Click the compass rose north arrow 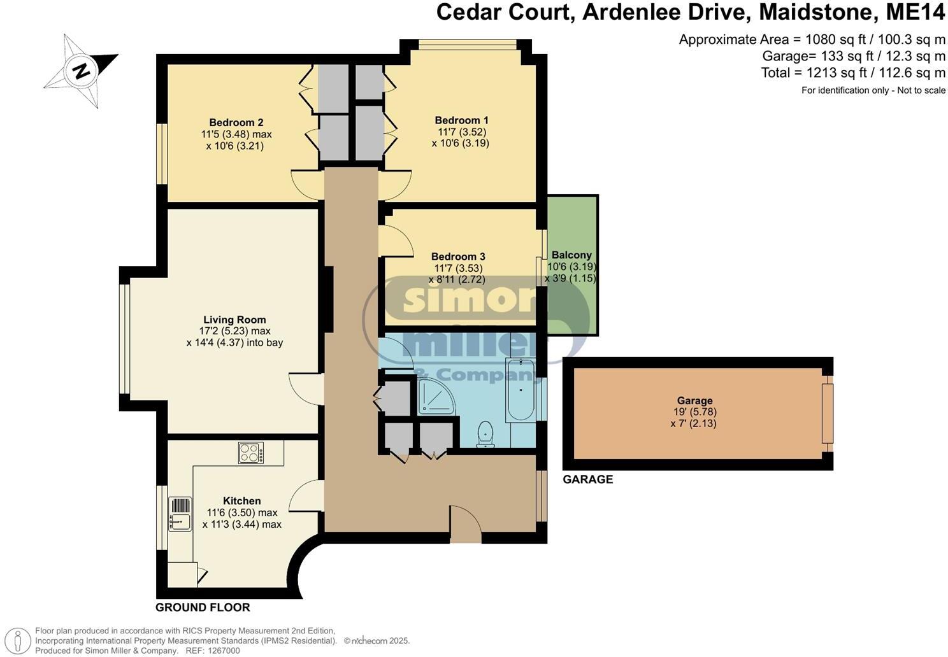[x=82, y=70]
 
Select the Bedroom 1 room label [x=461, y=120]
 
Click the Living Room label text [x=234, y=320]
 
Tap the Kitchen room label [x=241, y=501]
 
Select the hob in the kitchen [x=251, y=453]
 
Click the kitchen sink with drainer [x=180, y=514]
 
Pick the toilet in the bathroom [x=485, y=434]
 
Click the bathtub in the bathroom [x=521, y=390]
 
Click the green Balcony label [x=571, y=255]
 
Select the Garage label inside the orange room [x=694, y=400]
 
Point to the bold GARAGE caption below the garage [x=587, y=479]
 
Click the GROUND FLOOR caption [x=203, y=607]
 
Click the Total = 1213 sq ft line [x=853, y=73]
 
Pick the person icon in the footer [x=20, y=640]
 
